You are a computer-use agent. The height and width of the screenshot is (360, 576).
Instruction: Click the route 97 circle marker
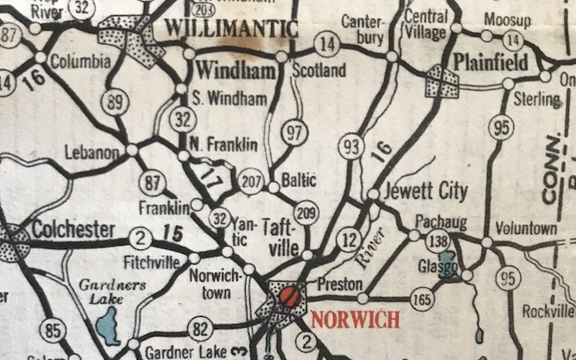[x=294, y=132]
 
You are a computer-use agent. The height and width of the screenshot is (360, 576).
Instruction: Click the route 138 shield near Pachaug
[x=438, y=241]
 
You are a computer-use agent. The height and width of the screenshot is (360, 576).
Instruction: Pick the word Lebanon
[x=93, y=153]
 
